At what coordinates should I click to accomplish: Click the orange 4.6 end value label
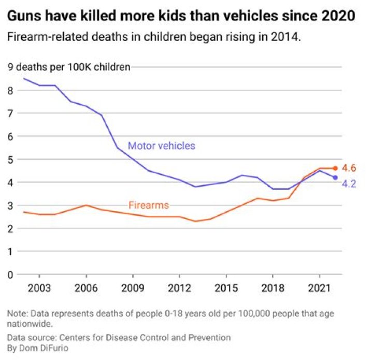tap(349, 168)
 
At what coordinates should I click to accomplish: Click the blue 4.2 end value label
tap(349, 183)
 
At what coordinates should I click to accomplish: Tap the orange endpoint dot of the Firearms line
tap(335, 168)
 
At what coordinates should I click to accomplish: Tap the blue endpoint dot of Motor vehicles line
tap(335, 177)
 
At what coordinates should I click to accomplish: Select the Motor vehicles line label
tap(162, 146)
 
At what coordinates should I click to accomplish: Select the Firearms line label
tap(149, 205)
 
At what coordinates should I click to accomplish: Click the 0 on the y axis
tap(10, 274)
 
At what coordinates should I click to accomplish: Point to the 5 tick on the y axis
tap(10, 159)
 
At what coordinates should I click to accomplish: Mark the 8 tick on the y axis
tap(10, 90)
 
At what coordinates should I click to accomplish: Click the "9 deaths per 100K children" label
tap(69, 67)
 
